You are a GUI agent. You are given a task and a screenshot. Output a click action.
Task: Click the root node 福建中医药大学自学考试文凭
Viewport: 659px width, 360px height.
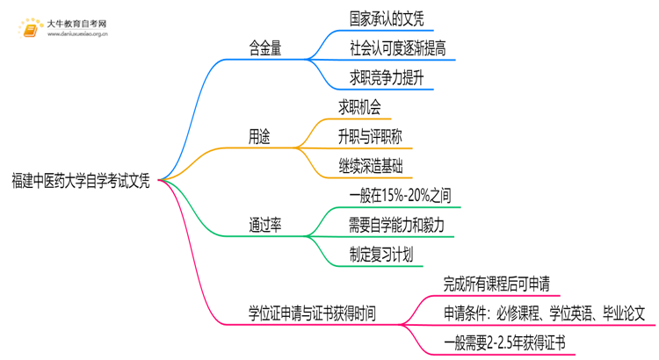[x=81, y=182]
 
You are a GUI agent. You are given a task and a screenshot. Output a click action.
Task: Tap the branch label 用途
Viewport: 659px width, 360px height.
[x=259, y=137]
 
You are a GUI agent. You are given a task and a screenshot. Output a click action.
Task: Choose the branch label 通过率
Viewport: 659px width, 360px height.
[x=264, y=225]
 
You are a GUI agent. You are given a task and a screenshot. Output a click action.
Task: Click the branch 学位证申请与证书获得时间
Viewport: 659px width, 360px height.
[x=312, y=313]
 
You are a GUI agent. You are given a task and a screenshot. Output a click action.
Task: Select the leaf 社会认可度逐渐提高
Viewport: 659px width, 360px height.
[x=397, y=48]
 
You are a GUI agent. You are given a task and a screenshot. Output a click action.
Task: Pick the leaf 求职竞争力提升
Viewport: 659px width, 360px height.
[x=386, y=79]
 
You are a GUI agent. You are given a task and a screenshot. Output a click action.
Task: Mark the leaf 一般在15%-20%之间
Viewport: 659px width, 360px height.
[x=399, y=195]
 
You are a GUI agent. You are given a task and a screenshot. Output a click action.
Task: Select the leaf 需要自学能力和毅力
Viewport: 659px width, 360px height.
[x=396, y=225]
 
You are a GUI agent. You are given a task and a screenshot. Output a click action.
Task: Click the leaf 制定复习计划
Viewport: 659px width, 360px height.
[x=380, y=255]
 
